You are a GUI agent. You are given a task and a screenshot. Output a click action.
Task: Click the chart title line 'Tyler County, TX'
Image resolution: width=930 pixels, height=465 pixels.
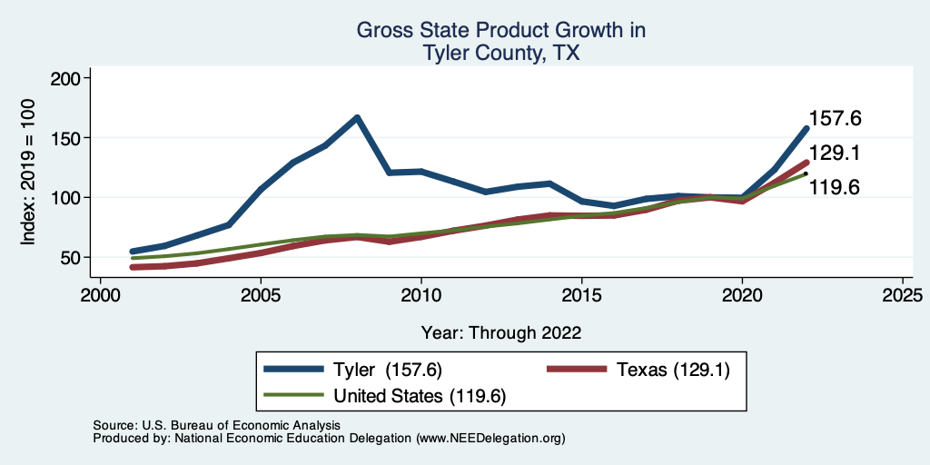(x=501, y=54)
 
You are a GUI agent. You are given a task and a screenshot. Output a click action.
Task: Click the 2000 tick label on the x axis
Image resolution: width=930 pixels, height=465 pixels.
(x=100, y=295)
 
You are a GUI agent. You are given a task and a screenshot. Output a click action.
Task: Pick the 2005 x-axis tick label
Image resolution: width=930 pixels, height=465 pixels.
(x=261, y=295)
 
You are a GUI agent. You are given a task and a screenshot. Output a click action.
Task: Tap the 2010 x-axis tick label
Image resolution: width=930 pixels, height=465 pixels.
(x=421, y=295)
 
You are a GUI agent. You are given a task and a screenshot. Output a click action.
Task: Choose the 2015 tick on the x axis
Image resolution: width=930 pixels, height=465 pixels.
(x=581, y=295)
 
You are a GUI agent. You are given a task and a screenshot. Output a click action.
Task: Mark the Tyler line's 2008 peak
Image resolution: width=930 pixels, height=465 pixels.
(x=357, y=117)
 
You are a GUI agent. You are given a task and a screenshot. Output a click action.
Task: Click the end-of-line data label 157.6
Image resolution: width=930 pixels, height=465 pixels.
(x=835, y=119)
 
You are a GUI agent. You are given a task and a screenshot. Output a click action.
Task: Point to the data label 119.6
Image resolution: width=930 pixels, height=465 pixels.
(x=835, y=188)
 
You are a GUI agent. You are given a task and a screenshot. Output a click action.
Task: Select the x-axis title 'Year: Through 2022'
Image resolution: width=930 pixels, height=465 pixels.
(x=501, y=331)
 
